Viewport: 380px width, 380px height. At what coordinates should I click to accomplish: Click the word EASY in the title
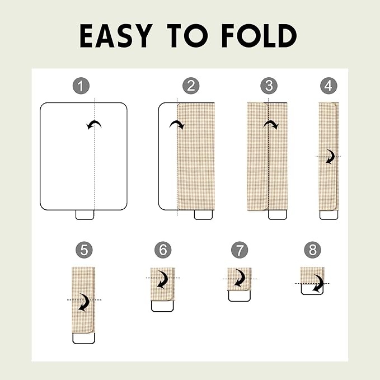click(x=115, y=36)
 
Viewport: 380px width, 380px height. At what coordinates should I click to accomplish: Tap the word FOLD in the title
click(x=259, y=36)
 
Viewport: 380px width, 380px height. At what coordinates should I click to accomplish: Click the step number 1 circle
click(x=81, y=86)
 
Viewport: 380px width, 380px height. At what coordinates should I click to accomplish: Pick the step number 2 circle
click(x=191, y=86)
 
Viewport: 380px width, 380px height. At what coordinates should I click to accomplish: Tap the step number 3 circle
click(x=269, y=86)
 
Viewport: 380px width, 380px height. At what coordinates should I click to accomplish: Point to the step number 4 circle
click(x=329, y=86)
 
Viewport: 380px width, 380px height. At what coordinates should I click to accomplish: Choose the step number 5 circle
click(x=84, y=250)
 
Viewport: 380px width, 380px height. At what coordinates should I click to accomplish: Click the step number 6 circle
click(x=163, y=250)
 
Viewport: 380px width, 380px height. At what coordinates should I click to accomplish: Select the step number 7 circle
click(x=240, y=250)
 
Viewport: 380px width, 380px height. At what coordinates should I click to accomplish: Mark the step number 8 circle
click(x=313, y=250)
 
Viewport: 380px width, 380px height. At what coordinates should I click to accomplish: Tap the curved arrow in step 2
click(x=177, y=123)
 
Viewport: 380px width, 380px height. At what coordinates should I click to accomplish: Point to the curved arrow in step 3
click(x=271, y=123)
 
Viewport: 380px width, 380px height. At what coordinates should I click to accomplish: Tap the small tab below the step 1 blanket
click(x=85, y=215)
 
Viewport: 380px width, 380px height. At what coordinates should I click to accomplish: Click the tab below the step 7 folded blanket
click(x=239, y=296)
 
